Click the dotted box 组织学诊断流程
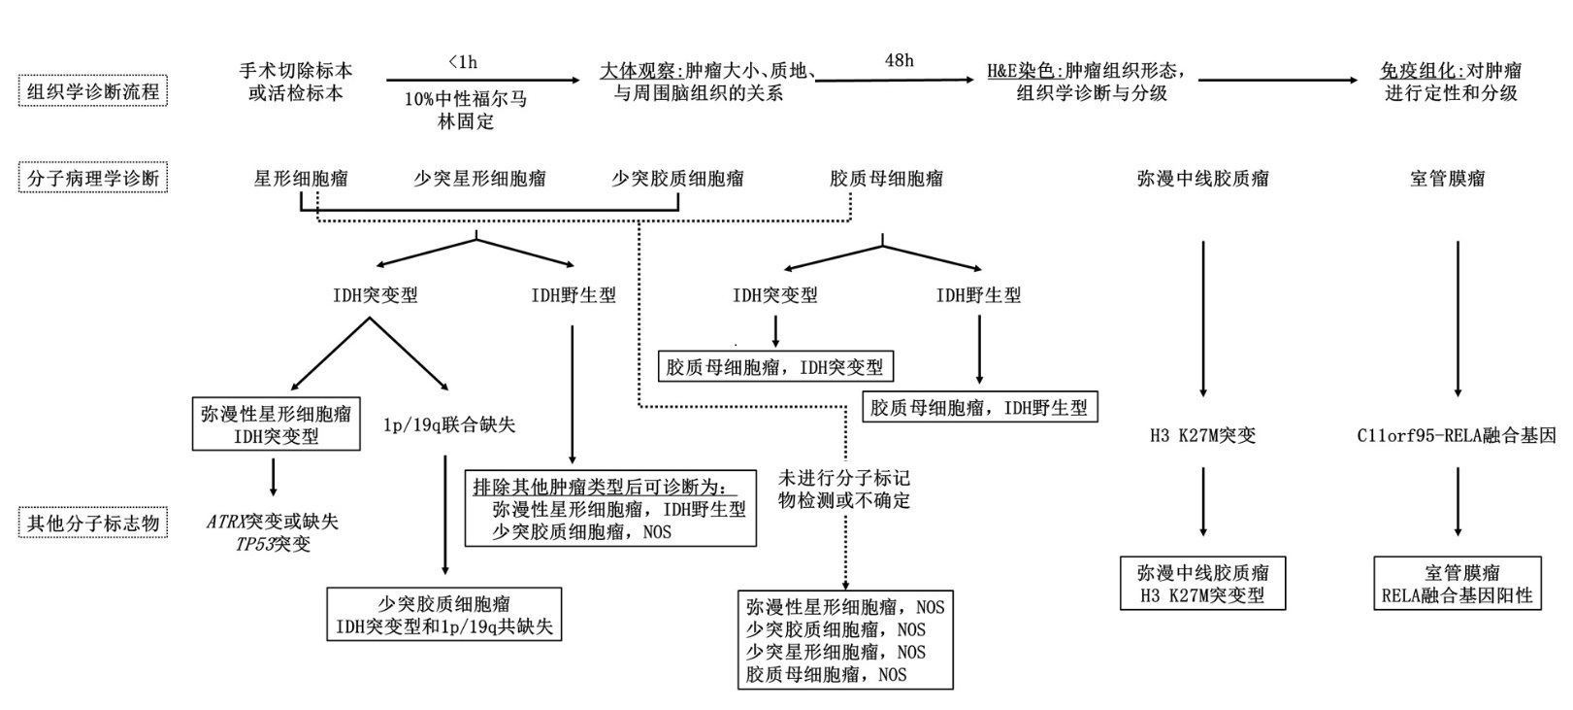[x=92, y=91]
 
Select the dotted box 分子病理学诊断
[x=92, y=178]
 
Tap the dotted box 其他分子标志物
[x=92, y=523]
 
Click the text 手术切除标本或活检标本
[x=296, y=82]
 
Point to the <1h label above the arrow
[x=463, y=62]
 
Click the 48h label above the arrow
[x=899, y=60]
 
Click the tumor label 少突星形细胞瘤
[x=479, y=179]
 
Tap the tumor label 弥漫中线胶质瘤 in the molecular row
[x=1202, y=179]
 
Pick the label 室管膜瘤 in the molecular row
[x=1447, y=179]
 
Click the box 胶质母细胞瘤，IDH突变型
[x=774, y=367]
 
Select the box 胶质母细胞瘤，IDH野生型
[x=979, y=407]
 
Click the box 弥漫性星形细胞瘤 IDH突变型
[x=277, y=425]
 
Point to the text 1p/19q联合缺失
[x=449, y=424]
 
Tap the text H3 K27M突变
[x=1202, y=435]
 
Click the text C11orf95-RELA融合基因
[x=1456, y=435]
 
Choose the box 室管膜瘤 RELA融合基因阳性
[x=1457, y=583]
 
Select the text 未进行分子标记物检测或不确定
[x=844, y=490]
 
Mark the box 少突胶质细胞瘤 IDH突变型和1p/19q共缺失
[x=444, y=615]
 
